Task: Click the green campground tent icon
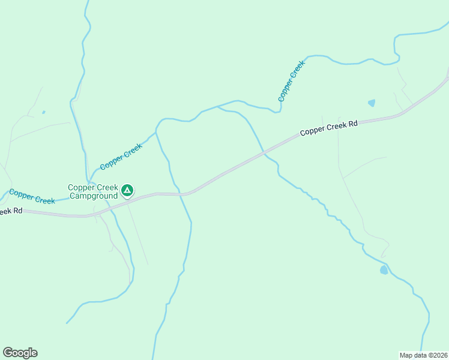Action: click(x=127, y=191)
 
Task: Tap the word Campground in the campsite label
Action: click(x=93, y=196)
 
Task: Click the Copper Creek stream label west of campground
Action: click(x=32, y=196)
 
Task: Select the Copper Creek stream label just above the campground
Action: click(x=121, y=157)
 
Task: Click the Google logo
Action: click(x=20, y=353)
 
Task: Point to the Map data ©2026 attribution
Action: click(x=423, y=355)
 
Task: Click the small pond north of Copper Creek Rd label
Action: click(x=372, y=103)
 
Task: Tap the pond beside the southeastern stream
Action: click(x=384, y=270)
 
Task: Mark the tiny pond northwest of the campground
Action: click(x=43, y=112)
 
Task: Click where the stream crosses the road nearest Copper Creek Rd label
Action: click(x=264, y=154)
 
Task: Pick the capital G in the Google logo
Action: click(x=8, y=352)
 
